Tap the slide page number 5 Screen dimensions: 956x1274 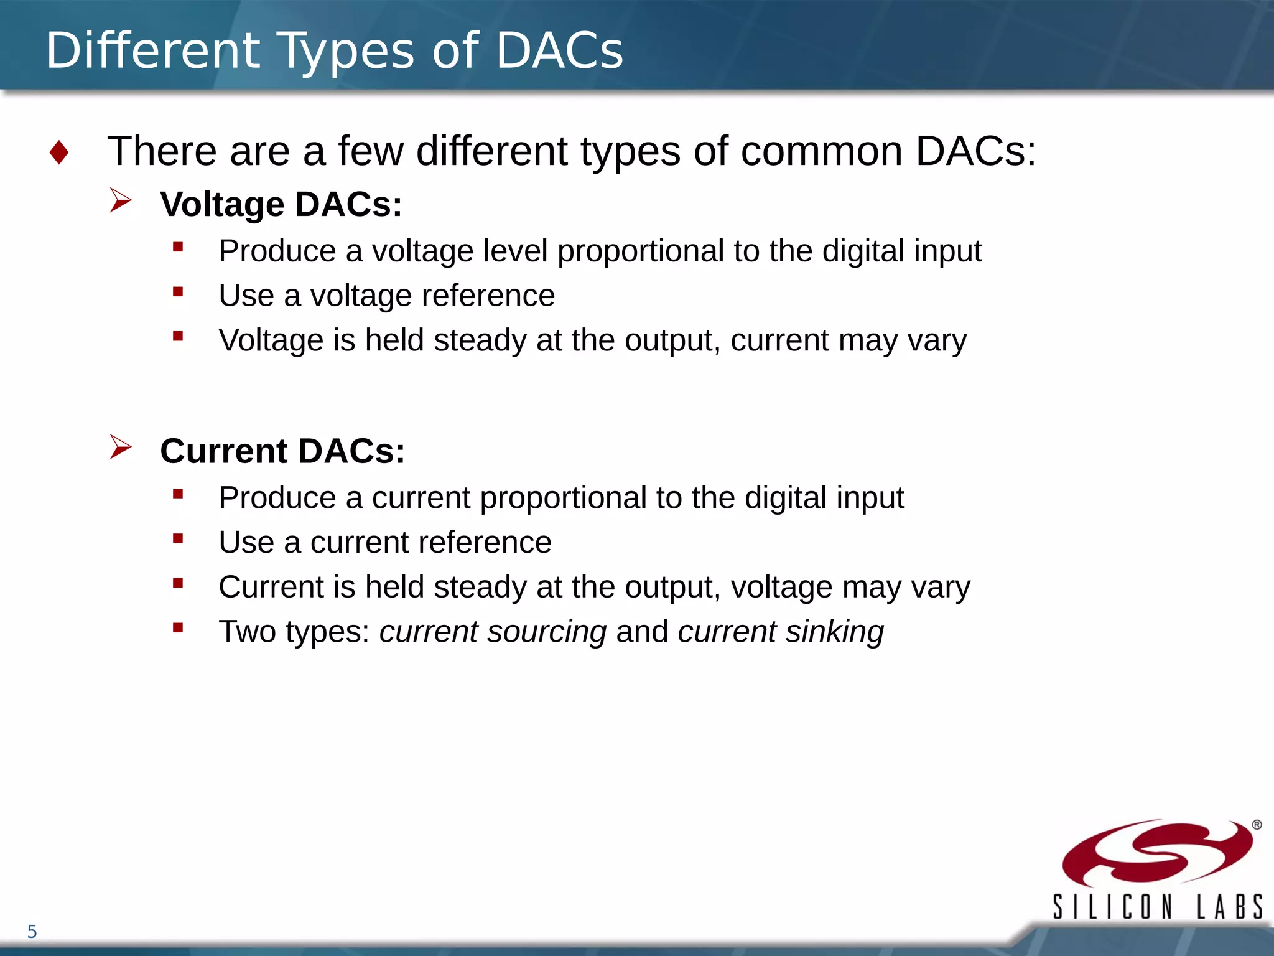click(x=32, y=932)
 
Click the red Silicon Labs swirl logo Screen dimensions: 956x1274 click(x=1156, y=853)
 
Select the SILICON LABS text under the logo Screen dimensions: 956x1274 click(x=1158, y=907)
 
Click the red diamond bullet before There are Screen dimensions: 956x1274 click(x=59, y=152)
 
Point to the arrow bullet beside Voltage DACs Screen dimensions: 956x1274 click(x=121, y=200)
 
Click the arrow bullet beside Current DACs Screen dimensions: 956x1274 click(x=121, y=447)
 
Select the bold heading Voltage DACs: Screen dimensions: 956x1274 click(x=281, y=204)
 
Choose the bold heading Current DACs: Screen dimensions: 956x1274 click(x=282, y=451)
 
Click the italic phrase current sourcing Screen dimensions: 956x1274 click(x=493, y=632)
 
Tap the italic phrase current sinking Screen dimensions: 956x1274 click(x=781, y=632)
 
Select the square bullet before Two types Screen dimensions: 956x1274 click(x=179, y=628)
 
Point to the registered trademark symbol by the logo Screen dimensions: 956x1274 click(x=1257, y=825)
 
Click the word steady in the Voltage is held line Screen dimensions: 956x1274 click(x=480, y=340)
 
